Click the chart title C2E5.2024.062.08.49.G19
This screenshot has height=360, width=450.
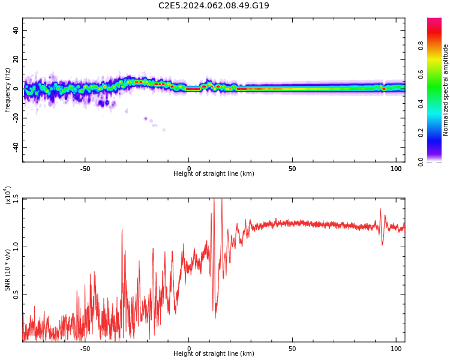(214, 5)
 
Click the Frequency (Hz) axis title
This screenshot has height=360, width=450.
(7, 90)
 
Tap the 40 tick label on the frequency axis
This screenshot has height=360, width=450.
(16, 30)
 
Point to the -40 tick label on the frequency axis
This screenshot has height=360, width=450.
(16, 148)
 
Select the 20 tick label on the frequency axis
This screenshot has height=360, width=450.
(16, 59)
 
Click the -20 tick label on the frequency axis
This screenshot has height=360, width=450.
(16, 118)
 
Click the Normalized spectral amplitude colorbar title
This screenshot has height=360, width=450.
(445, 90)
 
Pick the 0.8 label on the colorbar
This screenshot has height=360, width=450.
(421, 46)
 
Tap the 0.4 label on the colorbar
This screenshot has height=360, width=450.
(421, 104)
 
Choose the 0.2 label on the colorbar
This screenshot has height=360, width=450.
(421, 133)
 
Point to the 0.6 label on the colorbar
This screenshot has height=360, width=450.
(421, 74)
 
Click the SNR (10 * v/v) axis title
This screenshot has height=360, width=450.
(7, 270)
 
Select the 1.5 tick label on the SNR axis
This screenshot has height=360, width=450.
(16, 199)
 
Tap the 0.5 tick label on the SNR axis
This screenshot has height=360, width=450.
(16, 295)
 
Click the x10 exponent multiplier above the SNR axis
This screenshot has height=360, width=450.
(8, 196)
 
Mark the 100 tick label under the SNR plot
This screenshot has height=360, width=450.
(396, 349)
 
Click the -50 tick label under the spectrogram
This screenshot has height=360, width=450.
(85, 169)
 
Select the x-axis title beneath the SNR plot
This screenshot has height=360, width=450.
(214, 353)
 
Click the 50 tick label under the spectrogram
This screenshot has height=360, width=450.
(292, 169)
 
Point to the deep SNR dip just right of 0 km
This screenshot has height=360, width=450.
(215, 317)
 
